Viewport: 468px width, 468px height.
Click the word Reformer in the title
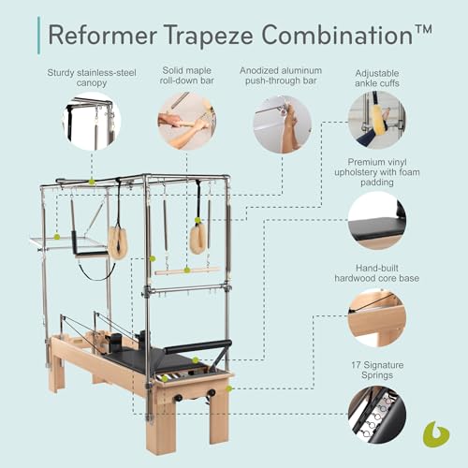click(98, 35)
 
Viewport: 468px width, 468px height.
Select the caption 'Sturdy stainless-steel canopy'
click(92, 78)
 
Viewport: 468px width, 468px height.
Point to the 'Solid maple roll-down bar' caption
click(185, 78)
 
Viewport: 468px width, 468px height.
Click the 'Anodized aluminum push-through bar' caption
click(282, 78)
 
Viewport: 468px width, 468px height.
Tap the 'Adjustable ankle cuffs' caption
click(377, 78)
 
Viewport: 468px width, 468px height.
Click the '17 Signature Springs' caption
click(377, 369)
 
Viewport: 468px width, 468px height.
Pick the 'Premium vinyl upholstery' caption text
click(377, 175)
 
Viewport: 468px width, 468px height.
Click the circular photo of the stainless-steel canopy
click(92, 123)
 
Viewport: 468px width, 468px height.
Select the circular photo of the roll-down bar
click(185, 123)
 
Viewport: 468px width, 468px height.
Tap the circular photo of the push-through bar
click(282, 123)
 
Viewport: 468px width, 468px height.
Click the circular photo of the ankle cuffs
click(377, 120)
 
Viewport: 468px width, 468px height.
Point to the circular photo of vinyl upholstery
click(377, 221)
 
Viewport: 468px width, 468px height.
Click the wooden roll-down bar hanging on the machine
click(186, 271)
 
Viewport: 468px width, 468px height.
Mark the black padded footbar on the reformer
click(197, 347)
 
